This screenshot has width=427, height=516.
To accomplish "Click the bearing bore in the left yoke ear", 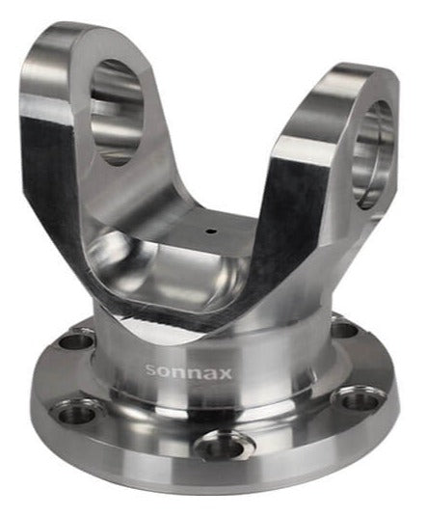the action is tap(117, 112).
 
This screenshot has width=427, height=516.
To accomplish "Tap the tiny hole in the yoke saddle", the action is tap(210, 231).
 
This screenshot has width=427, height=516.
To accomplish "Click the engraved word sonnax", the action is tap(188, 372).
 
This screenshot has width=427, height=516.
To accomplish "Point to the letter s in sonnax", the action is tap(150, 370).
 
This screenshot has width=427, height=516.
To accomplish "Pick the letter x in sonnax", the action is tap(225, 373).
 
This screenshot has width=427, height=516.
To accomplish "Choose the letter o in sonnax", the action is tap(164, 371).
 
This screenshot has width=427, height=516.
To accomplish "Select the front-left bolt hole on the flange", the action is tap(75, 411).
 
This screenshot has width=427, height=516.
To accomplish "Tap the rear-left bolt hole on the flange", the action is tap(76, 342).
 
